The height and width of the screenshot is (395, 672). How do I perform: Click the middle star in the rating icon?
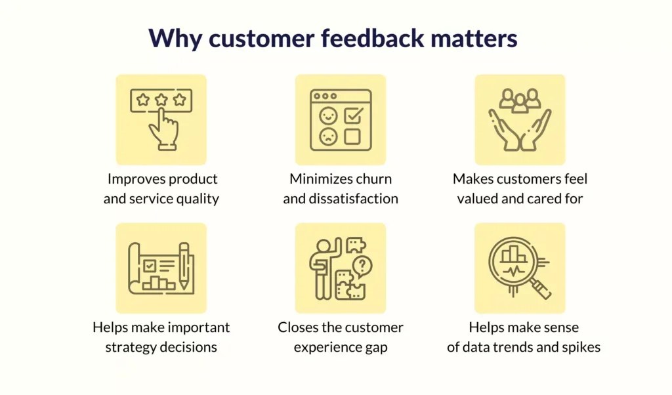[161, 100]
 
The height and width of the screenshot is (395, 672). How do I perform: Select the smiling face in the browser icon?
[327, 116]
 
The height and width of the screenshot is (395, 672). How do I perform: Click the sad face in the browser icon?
[327, 136]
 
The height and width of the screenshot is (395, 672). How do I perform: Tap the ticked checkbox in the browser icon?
[353, 116]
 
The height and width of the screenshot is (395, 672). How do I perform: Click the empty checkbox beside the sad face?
[352, 136]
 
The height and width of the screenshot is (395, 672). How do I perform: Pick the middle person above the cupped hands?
[520, 104]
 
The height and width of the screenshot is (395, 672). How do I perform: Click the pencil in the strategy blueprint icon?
[184, 266]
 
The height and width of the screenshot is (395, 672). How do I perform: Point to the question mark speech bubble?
[362, 266]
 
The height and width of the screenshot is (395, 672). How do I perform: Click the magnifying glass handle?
[540, 287]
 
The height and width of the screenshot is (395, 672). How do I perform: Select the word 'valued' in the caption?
[478, 199]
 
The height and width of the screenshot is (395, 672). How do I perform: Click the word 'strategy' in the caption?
[131, 347]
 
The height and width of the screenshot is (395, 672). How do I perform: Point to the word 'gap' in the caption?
[375, 347]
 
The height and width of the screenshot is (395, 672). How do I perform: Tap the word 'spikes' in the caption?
[581, 347]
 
